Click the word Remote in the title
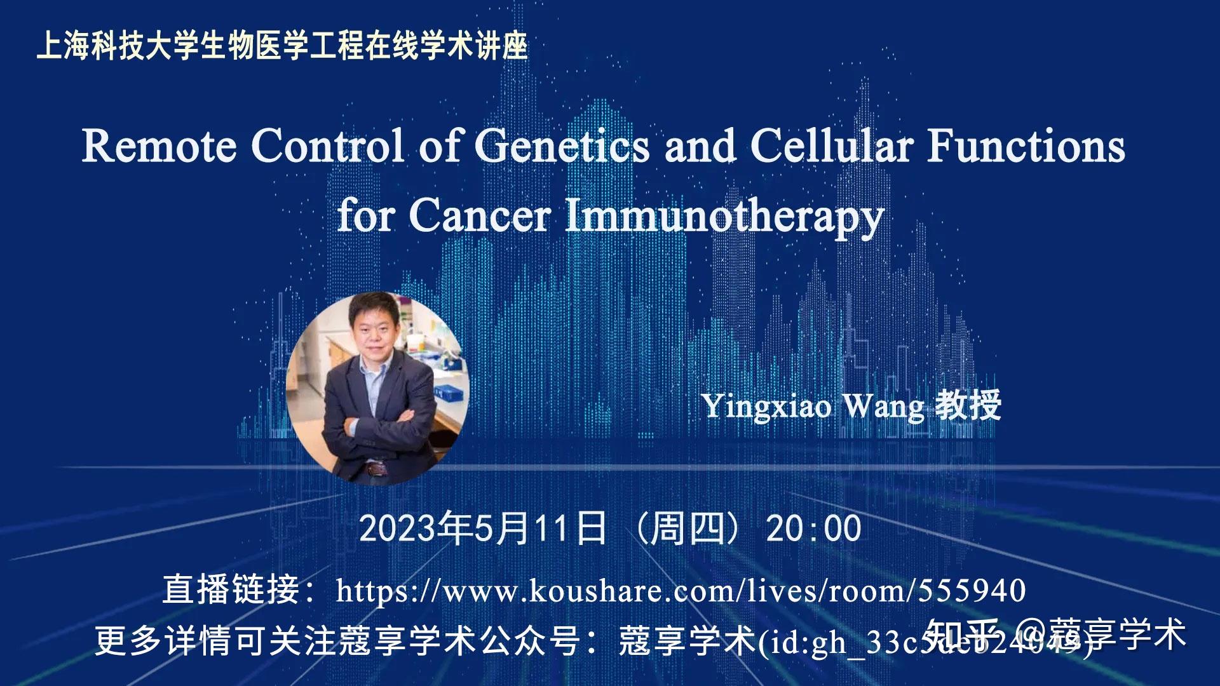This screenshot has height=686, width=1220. (159, 146)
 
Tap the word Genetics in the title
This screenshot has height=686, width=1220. (562, 146)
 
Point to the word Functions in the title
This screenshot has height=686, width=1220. (1026, 146)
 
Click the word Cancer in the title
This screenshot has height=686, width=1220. (480, 216)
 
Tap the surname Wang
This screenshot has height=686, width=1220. (883, 407)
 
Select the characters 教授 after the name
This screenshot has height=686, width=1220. (968, 405)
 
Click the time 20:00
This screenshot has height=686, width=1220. (814, 528)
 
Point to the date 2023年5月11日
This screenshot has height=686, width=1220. (483, 528)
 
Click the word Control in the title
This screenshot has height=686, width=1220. (327, 146)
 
